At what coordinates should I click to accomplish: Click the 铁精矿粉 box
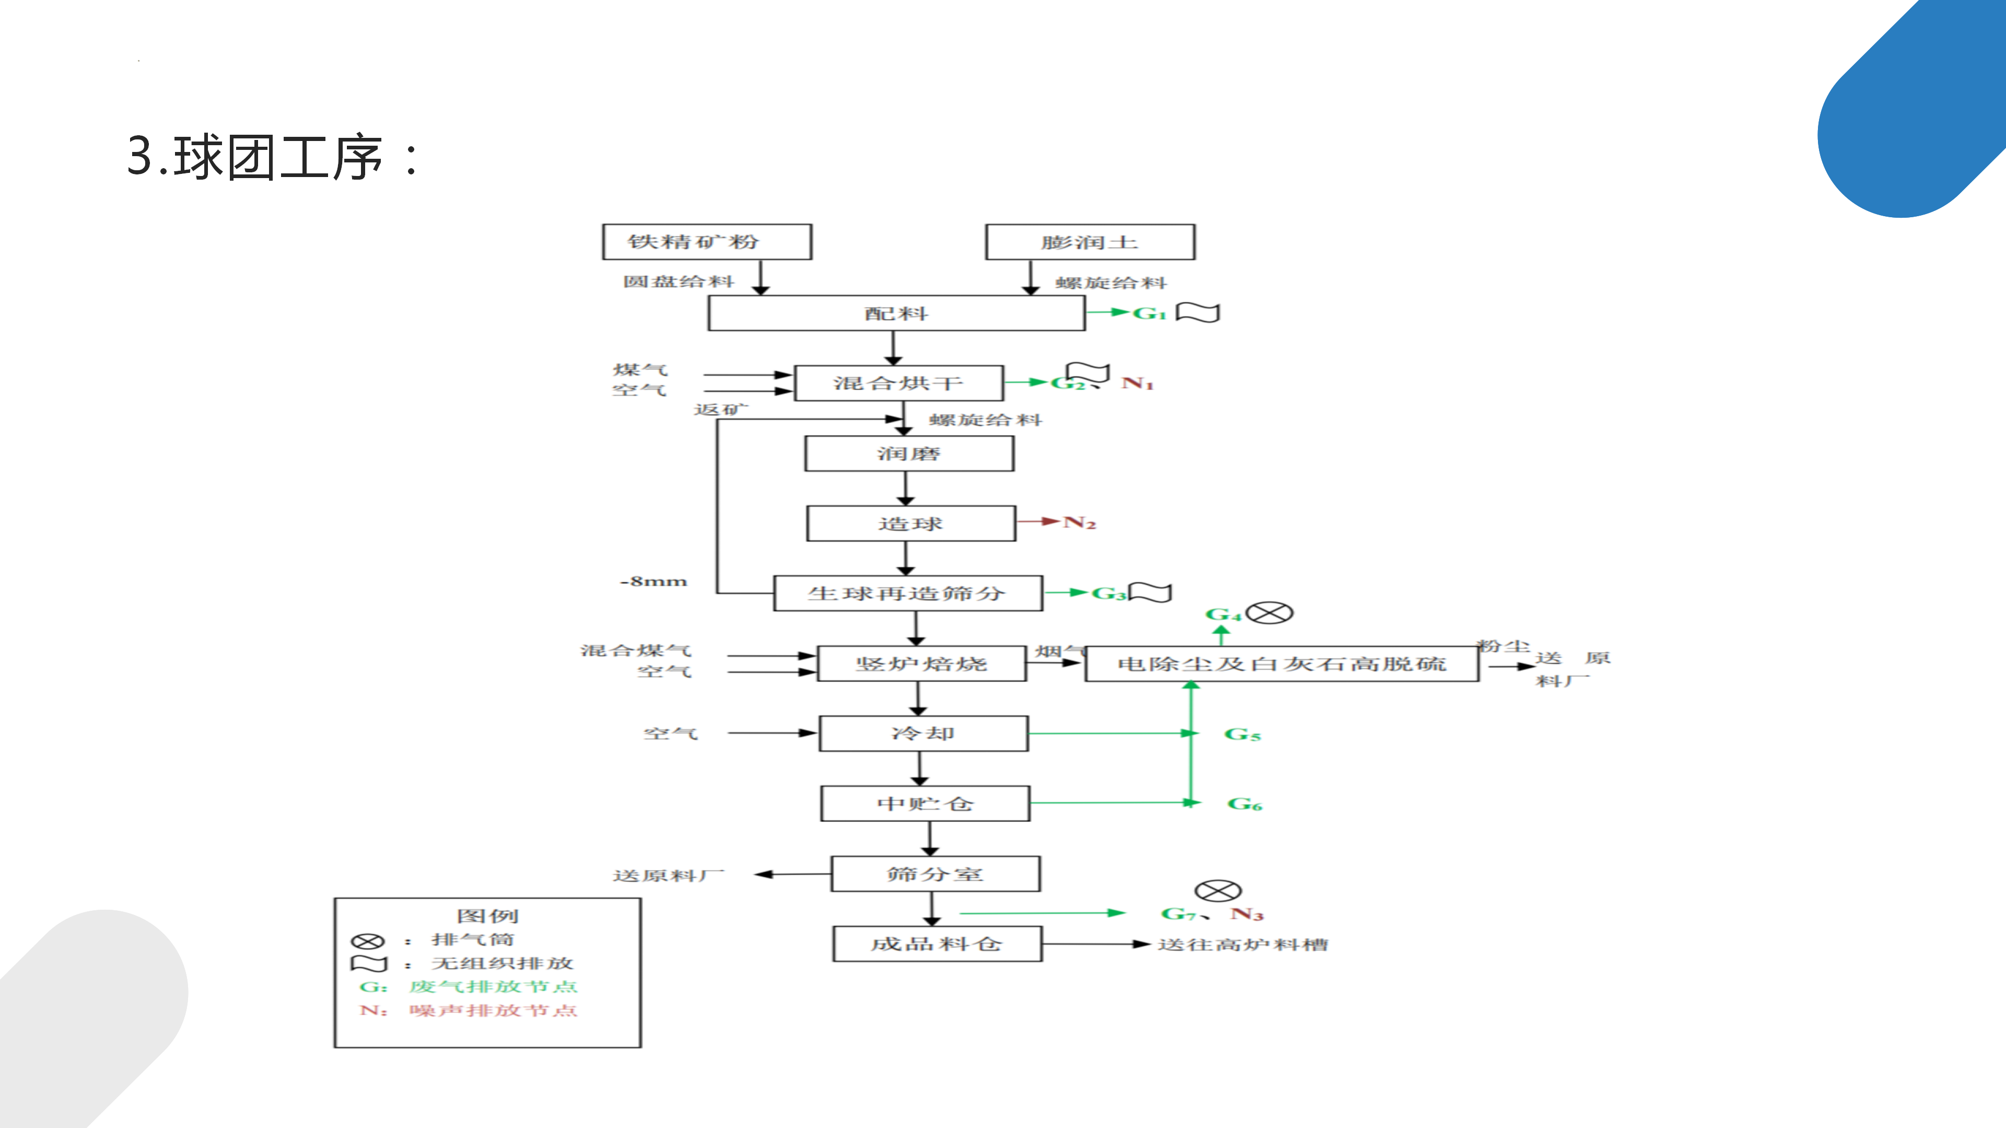707,242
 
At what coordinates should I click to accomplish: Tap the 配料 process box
896,313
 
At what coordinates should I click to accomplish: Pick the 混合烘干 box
899,383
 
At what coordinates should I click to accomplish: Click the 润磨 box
909,454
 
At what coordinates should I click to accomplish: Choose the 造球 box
911,523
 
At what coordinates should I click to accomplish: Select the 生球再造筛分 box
908,593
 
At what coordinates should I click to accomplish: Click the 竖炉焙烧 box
921,663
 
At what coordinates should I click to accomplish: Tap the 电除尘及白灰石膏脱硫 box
1282,664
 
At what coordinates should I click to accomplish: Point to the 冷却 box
924,733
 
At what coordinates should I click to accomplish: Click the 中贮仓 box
925,803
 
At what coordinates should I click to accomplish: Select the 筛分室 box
935,874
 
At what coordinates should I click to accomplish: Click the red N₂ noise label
1079,522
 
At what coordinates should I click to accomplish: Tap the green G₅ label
1242,734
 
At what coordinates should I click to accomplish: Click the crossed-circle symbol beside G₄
1269,613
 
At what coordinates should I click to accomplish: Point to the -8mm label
654,582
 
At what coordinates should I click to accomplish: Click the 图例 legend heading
487,915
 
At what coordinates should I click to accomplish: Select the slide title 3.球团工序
273,157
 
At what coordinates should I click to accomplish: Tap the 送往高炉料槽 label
1243,944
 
